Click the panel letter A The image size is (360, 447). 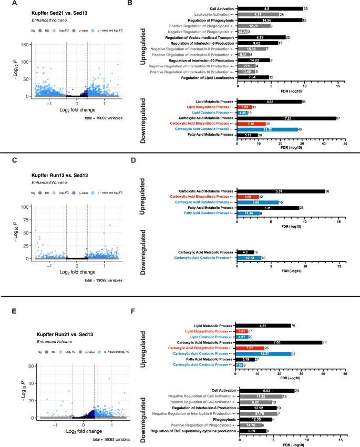click(5, 5)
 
